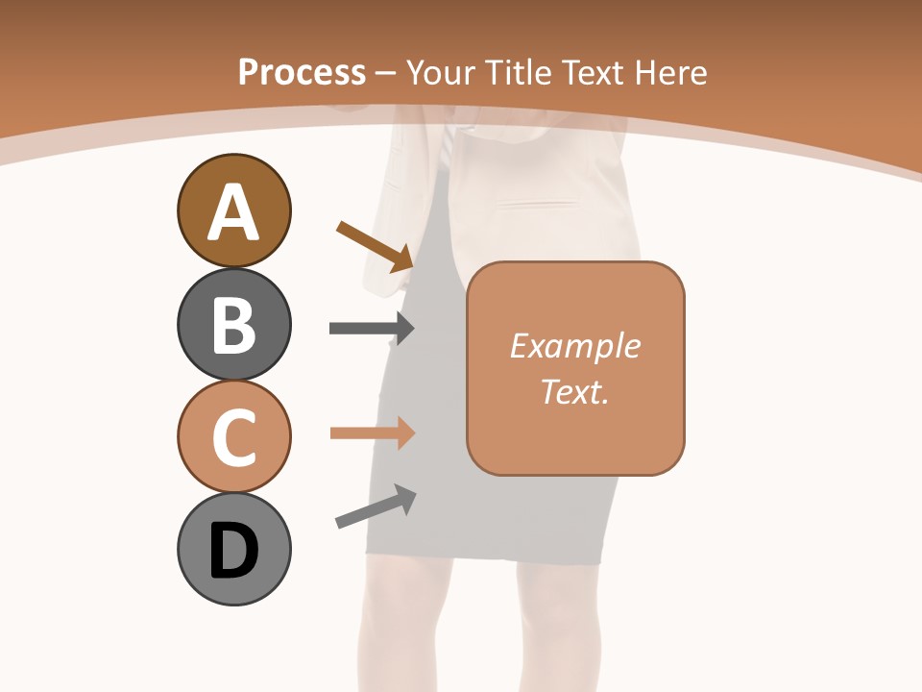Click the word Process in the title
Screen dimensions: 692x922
click(x=302, y=72)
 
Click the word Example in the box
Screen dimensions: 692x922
click(x=575, y=346)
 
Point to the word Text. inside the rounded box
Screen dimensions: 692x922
click(x=575, y=391)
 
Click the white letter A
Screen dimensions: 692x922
click(x=233, y=213)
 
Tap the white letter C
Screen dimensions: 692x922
click(x=233, y=438)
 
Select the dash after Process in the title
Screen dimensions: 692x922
click(x=386, y=73)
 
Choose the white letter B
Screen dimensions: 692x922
click(x=233, y=326)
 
